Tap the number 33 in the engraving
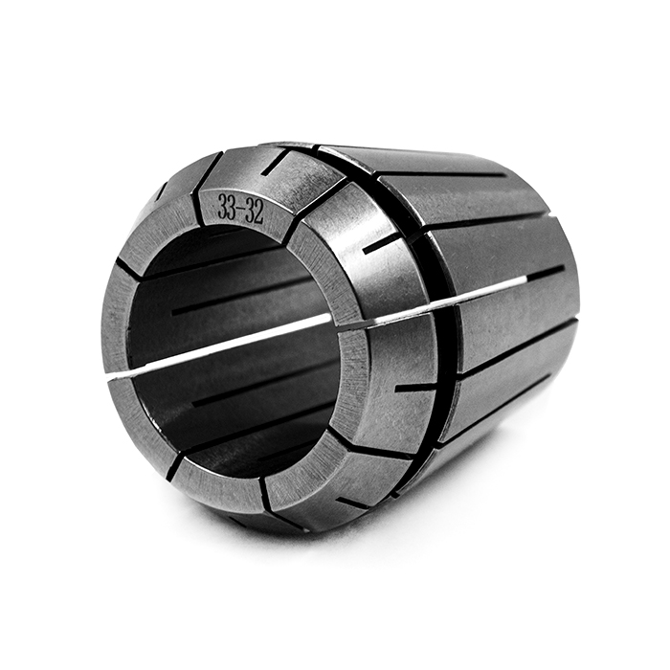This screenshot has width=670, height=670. tap(228, 205)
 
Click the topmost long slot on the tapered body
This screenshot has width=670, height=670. tap(440, 173)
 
